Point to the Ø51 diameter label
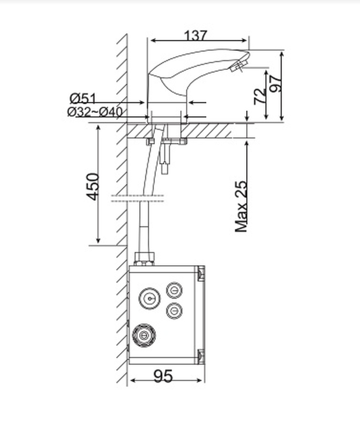pyautogui.click(x=83, y=99)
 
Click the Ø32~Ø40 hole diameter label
pyautogui.click(x=95, y=112)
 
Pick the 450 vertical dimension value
pyautogui.click(x=93, y=186)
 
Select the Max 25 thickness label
pyautogui.click(x=241, y=206)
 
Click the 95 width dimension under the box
pyautogui.click(x=163, y=376)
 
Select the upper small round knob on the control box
pyautogui.click(x=174, y=290)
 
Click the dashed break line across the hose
pyautogui.click(x=138, y=198)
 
